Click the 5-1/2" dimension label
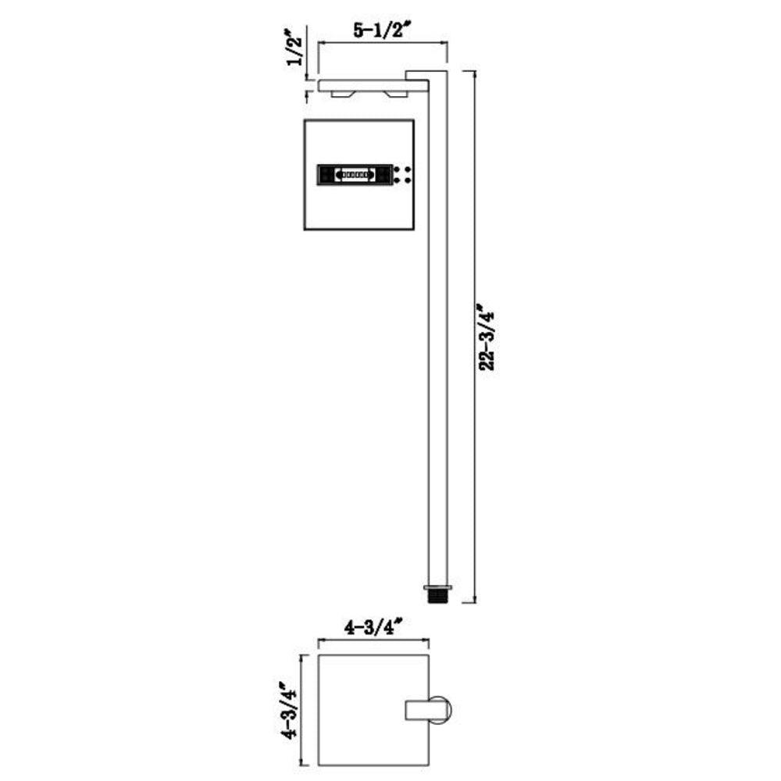pos(383,31)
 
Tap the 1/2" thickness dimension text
pos(296,48)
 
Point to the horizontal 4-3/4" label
pos(373,626)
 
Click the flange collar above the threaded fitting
pos(437,586)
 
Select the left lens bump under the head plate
pos(342,95)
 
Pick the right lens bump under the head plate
pos(396,95)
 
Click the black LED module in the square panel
pos(354,175)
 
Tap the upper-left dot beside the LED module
pos(398,169)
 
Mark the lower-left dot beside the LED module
pos(398,181)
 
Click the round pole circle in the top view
pos(440,709)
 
